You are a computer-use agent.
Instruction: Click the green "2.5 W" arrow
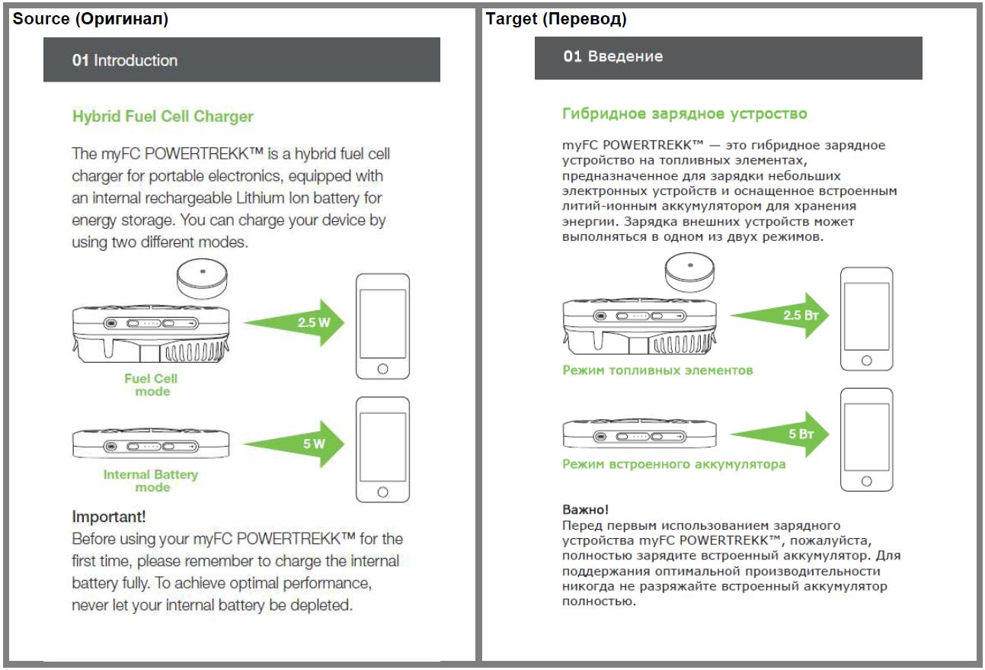pos(297,322)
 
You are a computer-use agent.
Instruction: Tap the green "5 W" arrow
pos(299,444)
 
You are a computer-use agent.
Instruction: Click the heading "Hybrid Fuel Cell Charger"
pos(162,117)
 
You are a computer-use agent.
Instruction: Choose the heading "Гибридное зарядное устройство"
pos(684,114)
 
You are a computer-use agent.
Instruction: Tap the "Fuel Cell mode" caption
pos(151,385)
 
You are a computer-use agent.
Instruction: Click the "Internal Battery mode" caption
pos(151,481)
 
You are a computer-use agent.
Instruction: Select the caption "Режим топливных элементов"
pos(657,370)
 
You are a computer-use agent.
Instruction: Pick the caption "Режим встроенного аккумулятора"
pos(673,463)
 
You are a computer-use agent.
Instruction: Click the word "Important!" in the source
pos(109,516)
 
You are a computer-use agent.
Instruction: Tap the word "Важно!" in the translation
pos(585,508)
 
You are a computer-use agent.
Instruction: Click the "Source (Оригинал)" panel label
pos(90,20)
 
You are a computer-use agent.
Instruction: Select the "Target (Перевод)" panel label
pos(556,20)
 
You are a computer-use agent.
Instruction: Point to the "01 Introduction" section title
pos(125,60)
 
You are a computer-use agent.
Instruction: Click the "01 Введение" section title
pos(613,56)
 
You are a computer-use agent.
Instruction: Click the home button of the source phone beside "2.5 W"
pos(382,369)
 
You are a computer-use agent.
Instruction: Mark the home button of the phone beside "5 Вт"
pos(865,481)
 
